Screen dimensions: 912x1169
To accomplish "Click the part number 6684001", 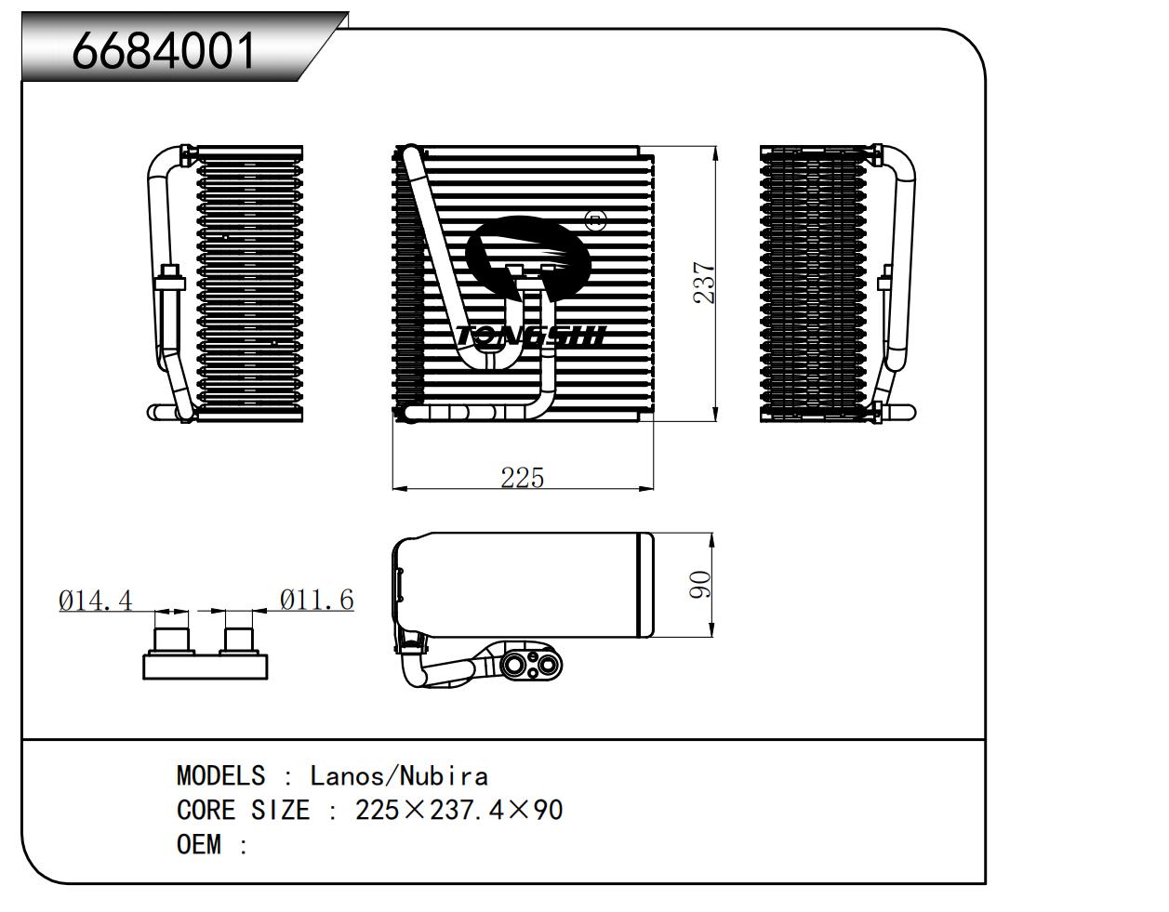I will point(164,50).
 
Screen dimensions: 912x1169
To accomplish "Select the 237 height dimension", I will point(704,284).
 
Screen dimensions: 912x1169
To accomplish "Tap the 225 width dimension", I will point(522,477).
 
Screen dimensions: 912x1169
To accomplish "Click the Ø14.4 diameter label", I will point(95,600).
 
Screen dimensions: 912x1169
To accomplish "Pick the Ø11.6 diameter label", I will point(317,600).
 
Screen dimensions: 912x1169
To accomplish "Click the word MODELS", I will point(220,775).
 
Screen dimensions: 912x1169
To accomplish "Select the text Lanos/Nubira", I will point(399,775).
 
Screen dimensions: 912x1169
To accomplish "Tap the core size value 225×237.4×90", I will point(458,810).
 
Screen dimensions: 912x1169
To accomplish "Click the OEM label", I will point(199,844).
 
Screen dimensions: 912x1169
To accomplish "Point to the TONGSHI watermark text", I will point(530,336).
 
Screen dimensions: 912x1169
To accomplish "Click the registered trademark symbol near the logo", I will point(595,220).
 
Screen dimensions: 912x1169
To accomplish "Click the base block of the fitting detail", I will point(205,666).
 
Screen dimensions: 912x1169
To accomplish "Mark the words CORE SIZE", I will point(243,810).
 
